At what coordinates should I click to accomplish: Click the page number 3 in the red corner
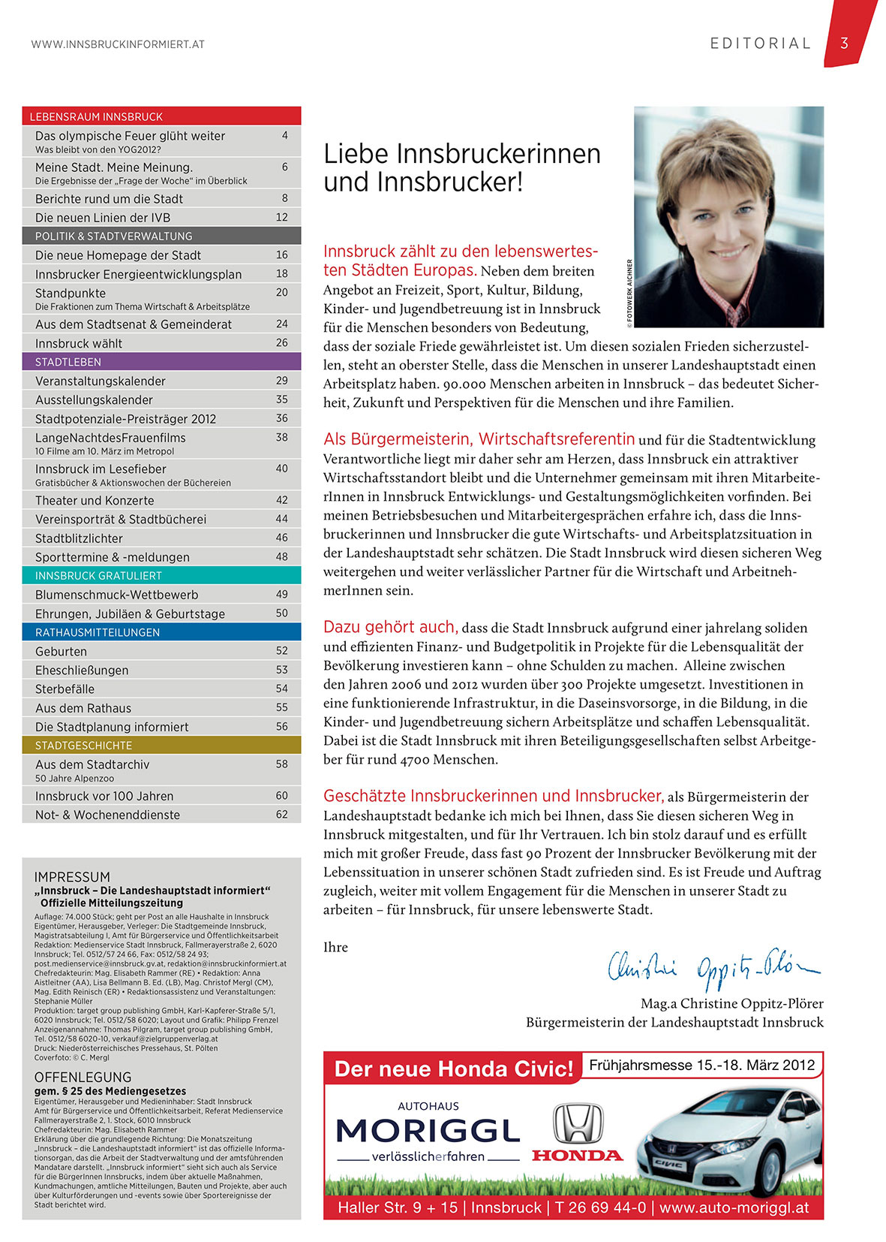point(844,44)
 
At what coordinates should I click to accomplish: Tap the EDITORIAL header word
point(761,44)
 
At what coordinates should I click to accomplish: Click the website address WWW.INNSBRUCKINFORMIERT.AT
point(118,44)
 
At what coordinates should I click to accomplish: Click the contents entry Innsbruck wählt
point(79,343)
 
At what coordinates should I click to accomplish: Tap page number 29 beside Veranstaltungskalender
point(282,381)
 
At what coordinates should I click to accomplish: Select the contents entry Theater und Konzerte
point(95,500)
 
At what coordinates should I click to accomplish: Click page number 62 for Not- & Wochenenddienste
point(282,814)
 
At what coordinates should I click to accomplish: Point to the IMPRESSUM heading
point(72,877)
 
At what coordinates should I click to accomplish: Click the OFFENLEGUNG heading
point(83,1077)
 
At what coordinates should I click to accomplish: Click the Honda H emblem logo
point(578,1123)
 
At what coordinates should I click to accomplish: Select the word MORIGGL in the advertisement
point(428,1130)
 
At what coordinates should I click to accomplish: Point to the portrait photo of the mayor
point(728,216)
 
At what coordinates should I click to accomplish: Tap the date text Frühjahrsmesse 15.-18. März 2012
point(701,1065)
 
